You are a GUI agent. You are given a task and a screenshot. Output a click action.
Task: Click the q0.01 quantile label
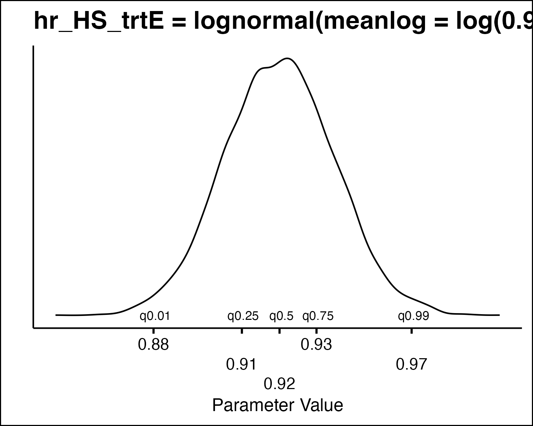coord(155,316)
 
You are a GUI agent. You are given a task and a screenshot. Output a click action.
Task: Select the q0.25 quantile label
coord(243,316)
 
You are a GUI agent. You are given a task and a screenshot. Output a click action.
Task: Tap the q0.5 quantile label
coord(281,316)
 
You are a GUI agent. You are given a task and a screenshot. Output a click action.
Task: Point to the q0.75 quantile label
coord(318,316)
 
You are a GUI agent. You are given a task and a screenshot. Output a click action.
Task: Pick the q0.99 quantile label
coord(414,316)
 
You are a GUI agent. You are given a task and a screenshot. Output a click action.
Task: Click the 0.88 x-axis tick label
coord(154,344)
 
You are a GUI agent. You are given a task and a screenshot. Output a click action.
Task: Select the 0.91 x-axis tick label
coord(242,364)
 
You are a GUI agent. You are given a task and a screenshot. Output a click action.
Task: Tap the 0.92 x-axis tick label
coord(280,384)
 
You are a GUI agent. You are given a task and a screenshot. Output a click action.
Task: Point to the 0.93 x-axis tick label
coord(316,344)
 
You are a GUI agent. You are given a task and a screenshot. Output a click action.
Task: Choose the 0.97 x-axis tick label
coord(411,364)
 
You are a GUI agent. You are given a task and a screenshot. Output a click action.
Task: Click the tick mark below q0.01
coord(154,331)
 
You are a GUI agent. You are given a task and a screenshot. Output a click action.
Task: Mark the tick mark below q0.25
coord(242,331)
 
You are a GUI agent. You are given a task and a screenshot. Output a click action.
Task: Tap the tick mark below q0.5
coord(280,331)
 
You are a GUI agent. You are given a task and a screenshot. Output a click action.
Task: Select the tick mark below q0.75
coord(316,331)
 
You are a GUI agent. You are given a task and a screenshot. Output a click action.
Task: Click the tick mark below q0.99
coord(411,331)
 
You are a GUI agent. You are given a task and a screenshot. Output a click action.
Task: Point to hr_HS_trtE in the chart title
coord(99,21)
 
